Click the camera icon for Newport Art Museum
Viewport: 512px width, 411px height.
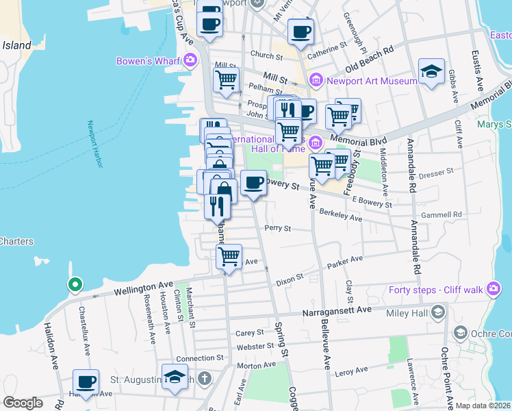click(316, 81)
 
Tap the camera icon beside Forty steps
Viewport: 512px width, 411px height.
click(493, 289)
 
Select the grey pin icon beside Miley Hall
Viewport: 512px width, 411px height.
click(438, 312)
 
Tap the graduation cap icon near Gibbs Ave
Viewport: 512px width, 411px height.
click(431, 71)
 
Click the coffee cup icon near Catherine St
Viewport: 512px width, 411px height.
click(300, 32)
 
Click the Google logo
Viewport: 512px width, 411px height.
click(23, 403)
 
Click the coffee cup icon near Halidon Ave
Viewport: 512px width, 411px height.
click(86, 382)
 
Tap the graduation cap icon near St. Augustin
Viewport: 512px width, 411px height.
click(175, 376)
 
